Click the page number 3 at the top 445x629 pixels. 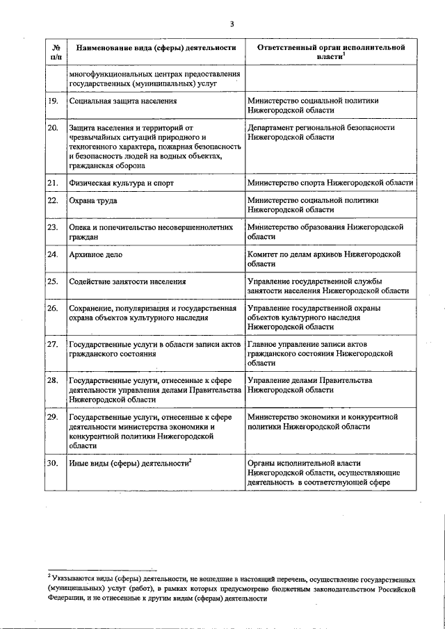pos(232,25)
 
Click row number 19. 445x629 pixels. pos(52,101)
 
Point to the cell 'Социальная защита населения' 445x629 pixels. pos(122,101)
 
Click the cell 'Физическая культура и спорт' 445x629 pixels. pos(120,183)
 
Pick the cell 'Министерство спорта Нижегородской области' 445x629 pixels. pos(330,183)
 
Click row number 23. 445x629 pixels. pos(52,227)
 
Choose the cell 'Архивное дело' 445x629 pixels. pos(95,255)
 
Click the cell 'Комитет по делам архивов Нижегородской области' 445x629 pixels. pos(324,259)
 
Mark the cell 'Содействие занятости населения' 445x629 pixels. pos(127,281)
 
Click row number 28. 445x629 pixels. pos(52,380)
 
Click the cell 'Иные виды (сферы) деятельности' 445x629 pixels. pos(129,463)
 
